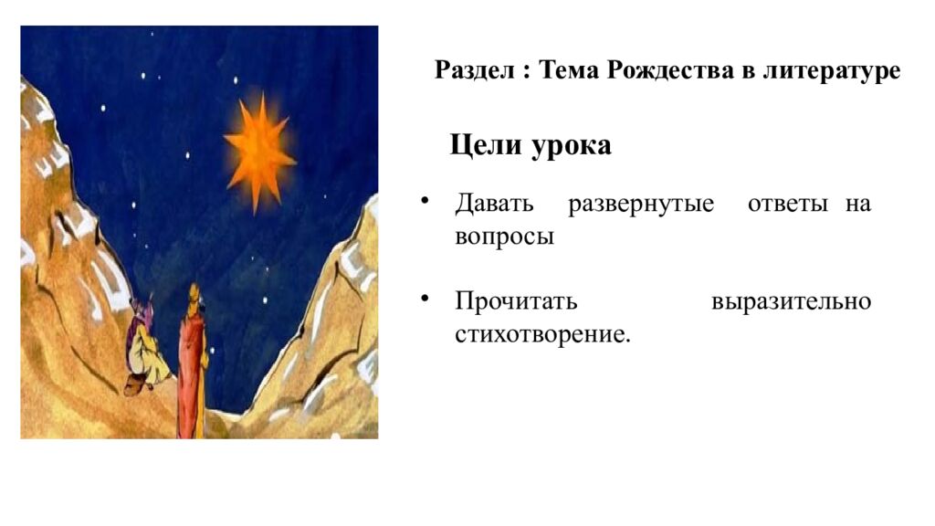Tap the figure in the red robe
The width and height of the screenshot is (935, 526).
[192, 361]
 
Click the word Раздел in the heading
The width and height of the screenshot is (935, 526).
[475, 70]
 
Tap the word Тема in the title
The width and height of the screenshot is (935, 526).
[568, 70]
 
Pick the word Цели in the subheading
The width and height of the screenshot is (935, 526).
[485, 146]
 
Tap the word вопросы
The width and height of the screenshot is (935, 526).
[504, 237]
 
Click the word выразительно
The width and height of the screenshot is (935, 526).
[791, 302]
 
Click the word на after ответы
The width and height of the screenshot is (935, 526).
[857, 205]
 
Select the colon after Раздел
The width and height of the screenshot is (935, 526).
[526, 72]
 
